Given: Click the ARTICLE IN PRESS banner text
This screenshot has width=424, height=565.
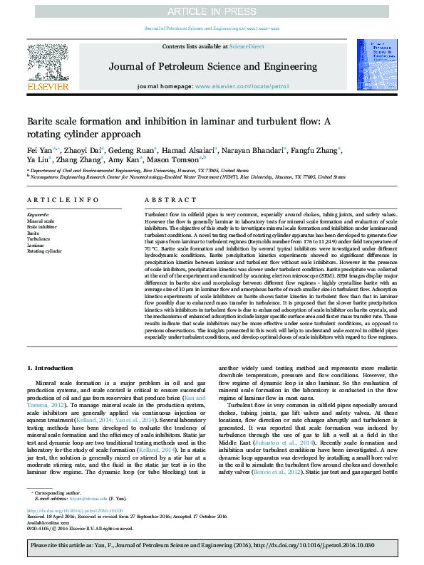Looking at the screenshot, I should coord(212,11).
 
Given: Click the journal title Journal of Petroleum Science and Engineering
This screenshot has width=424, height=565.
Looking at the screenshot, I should coord(213,65).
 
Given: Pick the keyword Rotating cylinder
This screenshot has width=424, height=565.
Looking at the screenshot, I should coord(44,251).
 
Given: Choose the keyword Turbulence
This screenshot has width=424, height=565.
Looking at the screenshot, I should coord(40,239).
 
